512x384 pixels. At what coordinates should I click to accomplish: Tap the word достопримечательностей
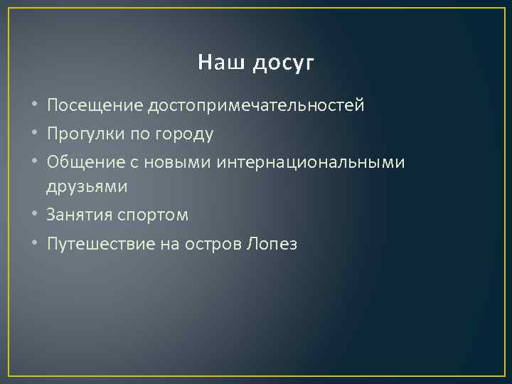coord(256,107)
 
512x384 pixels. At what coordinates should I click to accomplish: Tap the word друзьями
coord(87,188)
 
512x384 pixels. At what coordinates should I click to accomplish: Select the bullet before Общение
coord(36,162)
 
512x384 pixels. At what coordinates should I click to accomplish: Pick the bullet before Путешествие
coord(36,244)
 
